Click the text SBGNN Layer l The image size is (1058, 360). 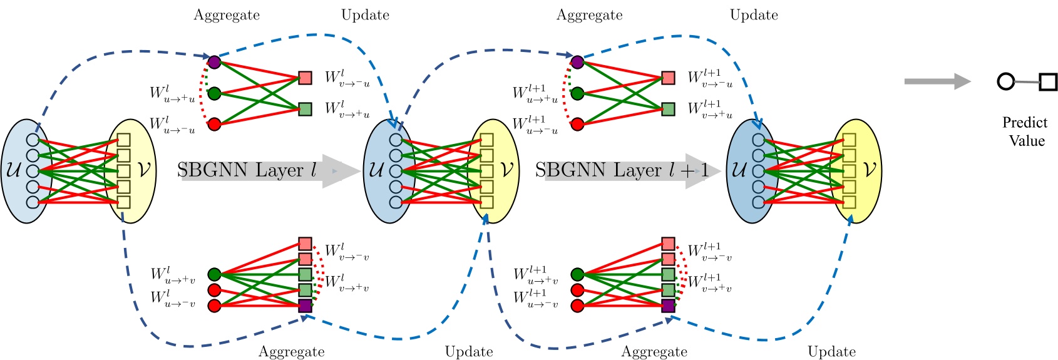[x=247, y=170]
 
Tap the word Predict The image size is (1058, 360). [x=1024, y=123]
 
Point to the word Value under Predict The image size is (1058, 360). [x=1027, y=140]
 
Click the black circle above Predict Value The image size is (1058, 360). [x=1005, y=81]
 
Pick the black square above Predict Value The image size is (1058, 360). [x=1048, y=82]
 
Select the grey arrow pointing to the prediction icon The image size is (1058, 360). [x=937, y=81]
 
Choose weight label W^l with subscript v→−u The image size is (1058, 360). [x=347, y=78]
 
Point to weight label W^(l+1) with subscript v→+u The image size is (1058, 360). [x=710, y=109]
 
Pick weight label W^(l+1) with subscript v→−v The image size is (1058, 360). [x=710, y=252]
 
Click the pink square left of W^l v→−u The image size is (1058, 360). [x=305, y=78]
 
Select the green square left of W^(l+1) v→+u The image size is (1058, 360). [x=668, y=109]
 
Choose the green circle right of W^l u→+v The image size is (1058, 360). [x=214, y=274]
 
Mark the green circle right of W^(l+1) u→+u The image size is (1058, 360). [x=577, y=93]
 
